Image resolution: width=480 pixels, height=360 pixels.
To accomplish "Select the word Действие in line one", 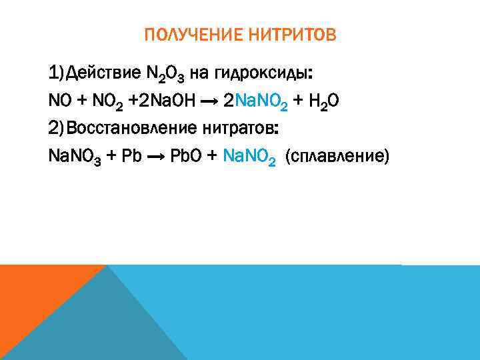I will [x=106, y=71].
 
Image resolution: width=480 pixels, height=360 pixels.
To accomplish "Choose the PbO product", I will [x=185, y=156].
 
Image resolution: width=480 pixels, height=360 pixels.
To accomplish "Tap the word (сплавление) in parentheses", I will [x=336, y=157].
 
